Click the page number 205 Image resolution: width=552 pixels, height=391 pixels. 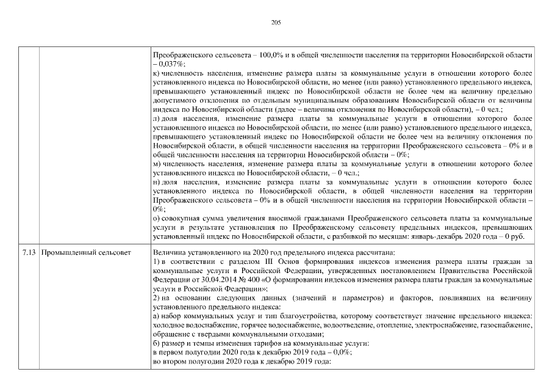click(x=276, y=22)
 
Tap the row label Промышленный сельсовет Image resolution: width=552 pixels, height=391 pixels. click(x=85, y=252)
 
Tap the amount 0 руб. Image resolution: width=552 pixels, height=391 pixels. click(x=520, y=236)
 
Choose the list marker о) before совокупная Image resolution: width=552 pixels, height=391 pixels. click(x=156, y=218)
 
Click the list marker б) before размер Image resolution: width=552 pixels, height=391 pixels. click(x=156, y=343)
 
